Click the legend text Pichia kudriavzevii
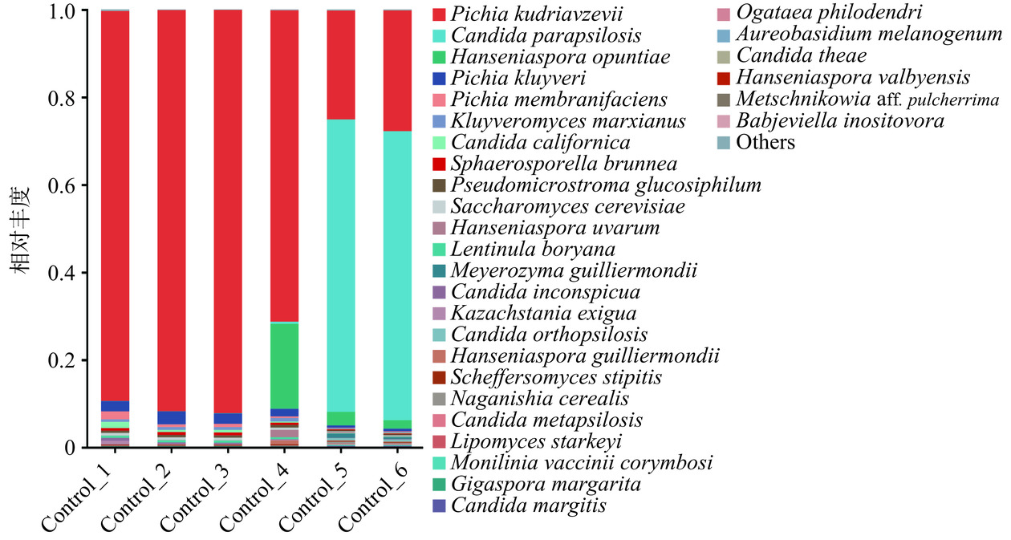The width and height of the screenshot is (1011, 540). [537, 14]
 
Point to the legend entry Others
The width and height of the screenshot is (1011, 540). [765, 143]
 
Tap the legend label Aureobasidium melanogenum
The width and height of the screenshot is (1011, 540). [869, 35]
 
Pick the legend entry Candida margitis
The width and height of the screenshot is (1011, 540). [528, 505]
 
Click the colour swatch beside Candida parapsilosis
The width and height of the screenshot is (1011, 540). [439, 36]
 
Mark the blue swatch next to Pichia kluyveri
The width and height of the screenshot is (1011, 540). [439, 79]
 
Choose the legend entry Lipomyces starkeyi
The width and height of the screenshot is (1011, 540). [536, 442]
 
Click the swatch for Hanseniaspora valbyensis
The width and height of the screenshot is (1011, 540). [723, 79]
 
